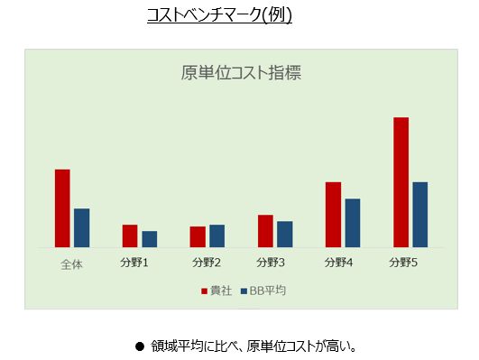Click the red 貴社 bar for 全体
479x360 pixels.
click(x=62, y=208)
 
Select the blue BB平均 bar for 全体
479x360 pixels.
click(x=81, y=227)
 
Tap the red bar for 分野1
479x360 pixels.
click(x=130, y=235)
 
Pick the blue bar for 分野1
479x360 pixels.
click(x=149, y=239)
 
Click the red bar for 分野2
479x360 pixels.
click(x=198, y=236)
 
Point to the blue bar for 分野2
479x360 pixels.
click(x=216, y=235)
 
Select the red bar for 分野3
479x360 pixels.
click(x=265, y=231)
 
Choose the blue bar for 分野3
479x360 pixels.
click(x=284, y=234)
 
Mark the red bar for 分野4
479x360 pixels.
click(x=333, y=215)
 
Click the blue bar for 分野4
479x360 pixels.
click(x=352, y=223)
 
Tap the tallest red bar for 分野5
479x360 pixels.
click(x=401, y=182)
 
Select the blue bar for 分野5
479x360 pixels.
click(x=419, y=215)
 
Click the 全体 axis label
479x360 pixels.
click(x=71, y=263)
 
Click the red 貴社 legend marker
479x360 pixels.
click(x=203, y=291)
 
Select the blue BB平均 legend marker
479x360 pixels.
click(x=244, y=291)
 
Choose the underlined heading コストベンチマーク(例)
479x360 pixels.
click(x=219, y=15)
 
